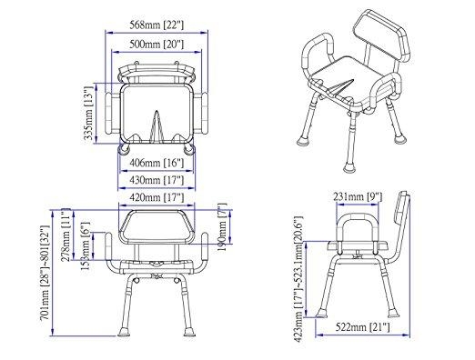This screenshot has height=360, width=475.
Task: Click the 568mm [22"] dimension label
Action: [x=157, y=25]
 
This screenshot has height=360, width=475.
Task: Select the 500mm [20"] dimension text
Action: [x=157, y=45]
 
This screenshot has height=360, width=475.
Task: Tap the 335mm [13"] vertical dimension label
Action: [x=88, y=113]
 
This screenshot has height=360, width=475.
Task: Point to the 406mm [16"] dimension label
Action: [x=157, y=163]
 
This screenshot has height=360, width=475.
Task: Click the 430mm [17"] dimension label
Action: [x=157, y=180]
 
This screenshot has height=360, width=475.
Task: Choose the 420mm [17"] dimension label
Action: [x=157, y=197]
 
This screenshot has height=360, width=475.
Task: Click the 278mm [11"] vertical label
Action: [x=66, y=235]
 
